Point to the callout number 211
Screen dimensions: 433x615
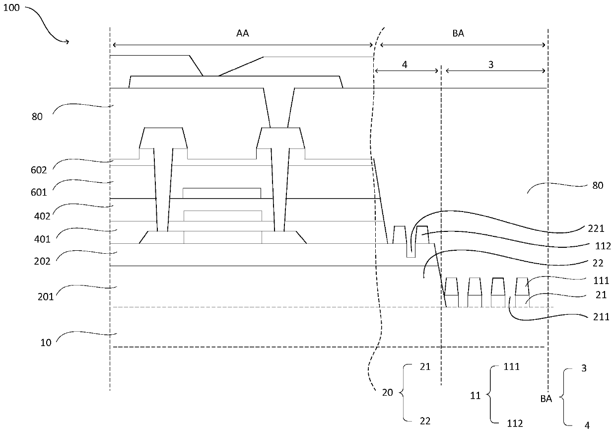pyautogui.click(x=601, y=317)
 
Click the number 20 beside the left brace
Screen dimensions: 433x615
pyautogui.click(x=388, y=393)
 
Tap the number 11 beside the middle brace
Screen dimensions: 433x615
pyautogui.click(x=475, y=397)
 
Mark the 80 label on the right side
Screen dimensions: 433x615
pyautogui.click(x=597, y=185)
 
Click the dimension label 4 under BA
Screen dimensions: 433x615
pyautogui.click(x=405, y=65)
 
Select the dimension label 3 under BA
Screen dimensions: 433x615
pyautogui.click(x=491, y=65)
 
